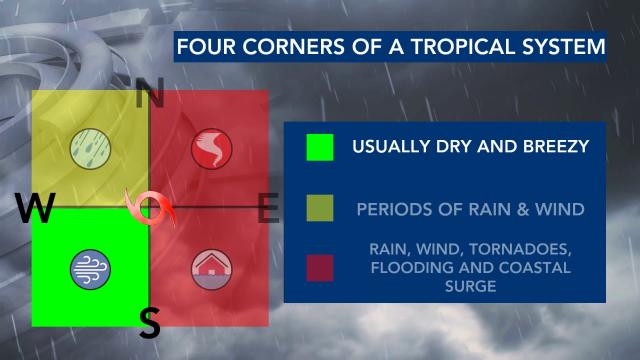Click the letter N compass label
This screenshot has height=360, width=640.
pyautogui.click(x=150, y=97)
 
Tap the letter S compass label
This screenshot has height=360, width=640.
pyautogui.click(x=150, y=322)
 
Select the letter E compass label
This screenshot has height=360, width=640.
pyautogui.click(x=267, y=211)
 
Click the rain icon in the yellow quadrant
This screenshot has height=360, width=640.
pyautogui.click(x=90, y=150)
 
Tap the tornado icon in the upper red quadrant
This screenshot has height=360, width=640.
pyautogui.click(x=210, y=150)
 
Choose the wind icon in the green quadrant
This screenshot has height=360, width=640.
pyautogui.click(x=90, y=267)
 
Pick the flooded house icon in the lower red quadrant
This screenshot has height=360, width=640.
pyautogui.click(x=210, y=267)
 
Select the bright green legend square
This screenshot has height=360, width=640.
pyautogui.click(x=320, y=148)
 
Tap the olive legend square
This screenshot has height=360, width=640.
pyautogui.click(x=320, y=209)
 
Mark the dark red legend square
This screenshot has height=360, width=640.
pyautogui.click(x=320, y=267)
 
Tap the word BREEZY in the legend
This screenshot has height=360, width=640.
pyautogui.click(x=547, y=148)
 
